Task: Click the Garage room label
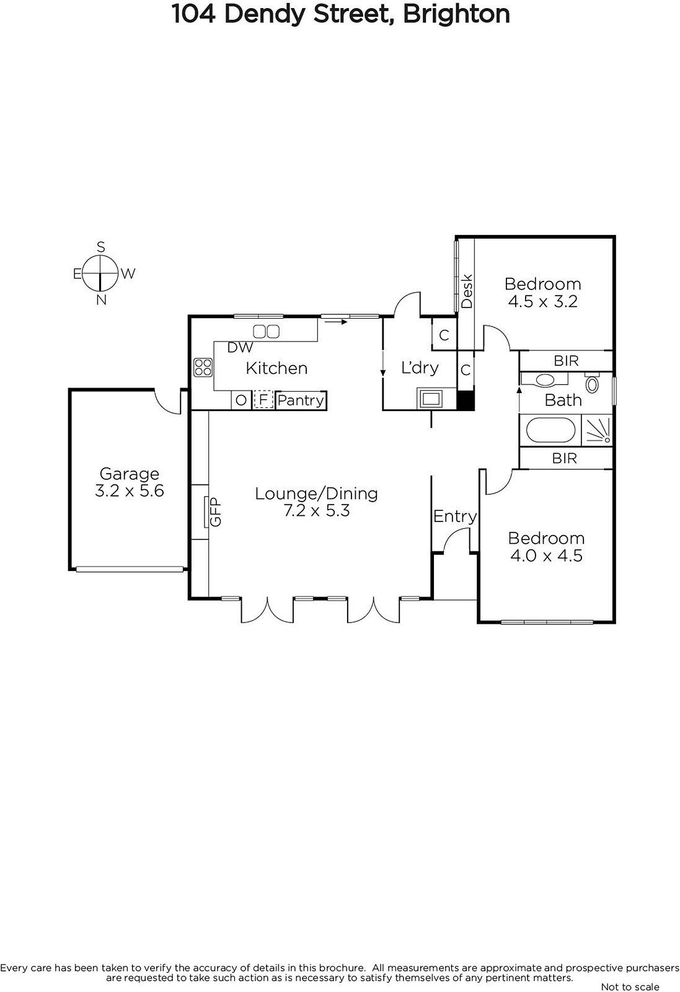point(130,474)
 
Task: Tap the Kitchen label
point(276,368)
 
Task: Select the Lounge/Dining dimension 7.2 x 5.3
point(317,511)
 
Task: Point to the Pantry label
point(301,401)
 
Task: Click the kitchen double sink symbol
point(266,331)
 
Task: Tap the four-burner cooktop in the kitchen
point(203,368)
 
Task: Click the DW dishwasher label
point(240,348)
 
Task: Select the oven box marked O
point(241,401)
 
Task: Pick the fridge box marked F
point(263,400)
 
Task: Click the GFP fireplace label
point(215,512)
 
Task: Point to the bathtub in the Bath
point(550,430)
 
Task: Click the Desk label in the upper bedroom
point(467,291)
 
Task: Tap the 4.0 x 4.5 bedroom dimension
point(546,556)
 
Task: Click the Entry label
point(455,517)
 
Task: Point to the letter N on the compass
point(102,300)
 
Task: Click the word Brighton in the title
point(456,14)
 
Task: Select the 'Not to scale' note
point(630,986)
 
